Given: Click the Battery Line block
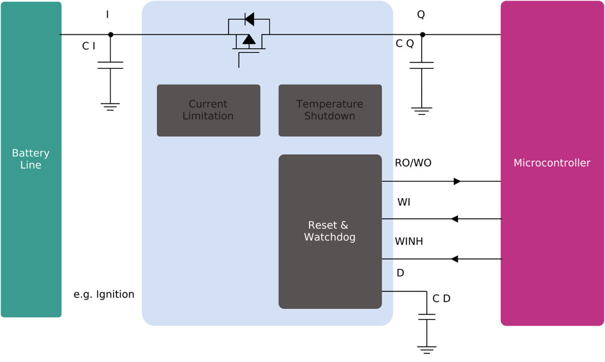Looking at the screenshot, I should pyautogui.click(x=31, y=159).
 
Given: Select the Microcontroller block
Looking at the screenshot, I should pyautogui.click(x=552, y=163).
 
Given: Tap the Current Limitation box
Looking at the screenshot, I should pyautogui.click(x=208, y=110).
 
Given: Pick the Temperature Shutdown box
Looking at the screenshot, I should pyautogui.click(x=330, y=110).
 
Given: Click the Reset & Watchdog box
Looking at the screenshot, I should pyautogui.click(x=330, y=231).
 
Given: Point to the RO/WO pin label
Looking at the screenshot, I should pyautogui.click(x=413, y=163).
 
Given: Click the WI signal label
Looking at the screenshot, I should pyautogui.click(x=404, y=202).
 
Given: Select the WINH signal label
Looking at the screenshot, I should pyautogui.click(x=409, y=242).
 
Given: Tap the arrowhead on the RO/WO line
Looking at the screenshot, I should pyautogui.click(x=457, y=181).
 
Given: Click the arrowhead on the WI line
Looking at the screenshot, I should pyautogui.click(x=455, y=219).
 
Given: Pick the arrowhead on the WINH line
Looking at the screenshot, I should pyautogui.click(x=455, y=259).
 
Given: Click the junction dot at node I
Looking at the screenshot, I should pyautogui.click(x=111, y=34).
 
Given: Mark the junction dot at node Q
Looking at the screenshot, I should pyautogui.click(x=423, y=34).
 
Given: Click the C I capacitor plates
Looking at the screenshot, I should pyautogui.click(x=110, y=65).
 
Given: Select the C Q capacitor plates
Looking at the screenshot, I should pyautogui.click(x=422, y=65).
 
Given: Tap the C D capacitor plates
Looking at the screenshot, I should pyautogui.click(x=426, y=317).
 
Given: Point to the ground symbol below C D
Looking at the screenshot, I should pyautogui.click(x=426, y=350).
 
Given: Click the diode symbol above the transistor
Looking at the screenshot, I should pyautogui.click(x=249, y=19).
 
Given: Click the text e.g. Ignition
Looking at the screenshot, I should pyautogui.click(x=104, y=295).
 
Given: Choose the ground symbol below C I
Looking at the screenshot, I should pyautogui.click(x=110, y=106).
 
